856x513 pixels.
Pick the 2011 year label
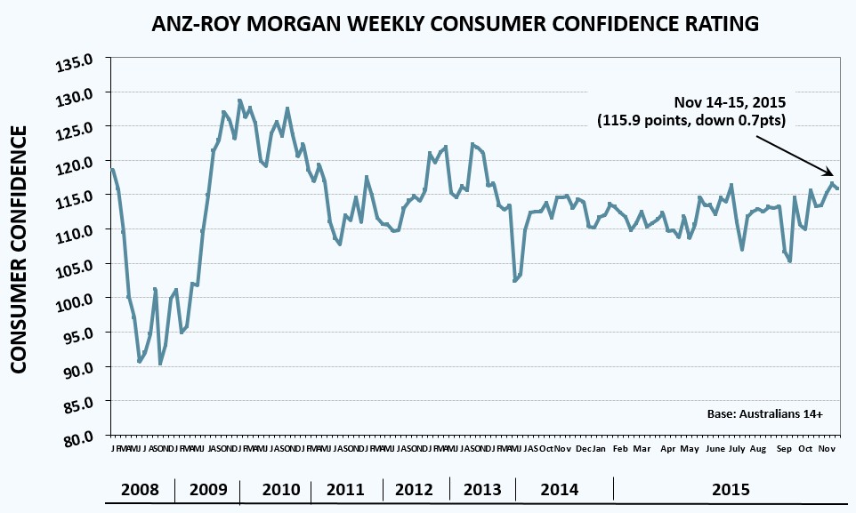[x=346, y=489]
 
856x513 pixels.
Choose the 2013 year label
[x=482, y=489]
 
